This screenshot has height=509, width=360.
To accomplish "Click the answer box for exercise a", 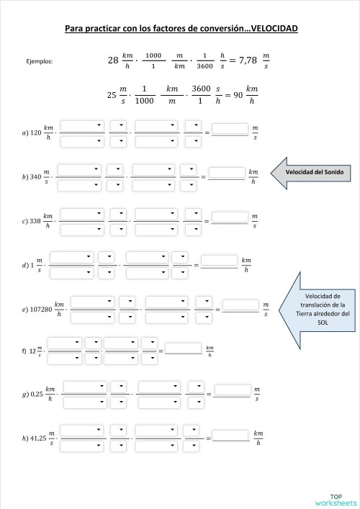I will (x=230, y=130).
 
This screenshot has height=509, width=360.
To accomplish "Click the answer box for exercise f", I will (x=183, y=348).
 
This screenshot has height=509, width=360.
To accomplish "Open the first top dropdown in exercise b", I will (x=79, y=169).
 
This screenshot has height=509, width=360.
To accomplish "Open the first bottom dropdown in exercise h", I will (x=82, y=444).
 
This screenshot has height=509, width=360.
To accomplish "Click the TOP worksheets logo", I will (x=342, y=498).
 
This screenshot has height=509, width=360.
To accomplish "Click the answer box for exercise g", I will (x=232, y=391).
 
